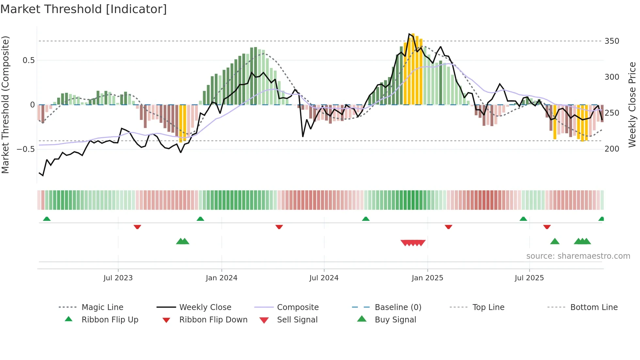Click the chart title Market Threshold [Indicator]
click(x=84, y=9)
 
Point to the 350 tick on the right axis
click(x=612, y=41)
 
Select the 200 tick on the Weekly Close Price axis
click(x=612, y=149)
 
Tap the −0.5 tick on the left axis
click(x=25, y=149)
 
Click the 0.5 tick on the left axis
click(x=28, y=60)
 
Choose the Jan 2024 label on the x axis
click(x=221, y=278)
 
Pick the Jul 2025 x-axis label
click(x=529, y=278)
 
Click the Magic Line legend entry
click(x=102, y=307)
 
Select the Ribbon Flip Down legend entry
click(x=213, y=320)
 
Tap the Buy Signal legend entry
click(x=395, y=320)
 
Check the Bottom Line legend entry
click(x=594, y=307)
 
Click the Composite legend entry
click(x=297, y=307)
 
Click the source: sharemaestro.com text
click(x=578, y=256)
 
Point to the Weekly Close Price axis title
click(x=632, y=105)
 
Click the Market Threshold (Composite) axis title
click(x=5, y=105)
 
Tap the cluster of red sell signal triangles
click(x=413, y=243)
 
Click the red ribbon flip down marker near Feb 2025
click(x=448, y=227)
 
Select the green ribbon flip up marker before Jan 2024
click(x=200, y=219)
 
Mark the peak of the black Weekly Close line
click(x=409, y=34)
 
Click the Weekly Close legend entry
click(x=205, y=307)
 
